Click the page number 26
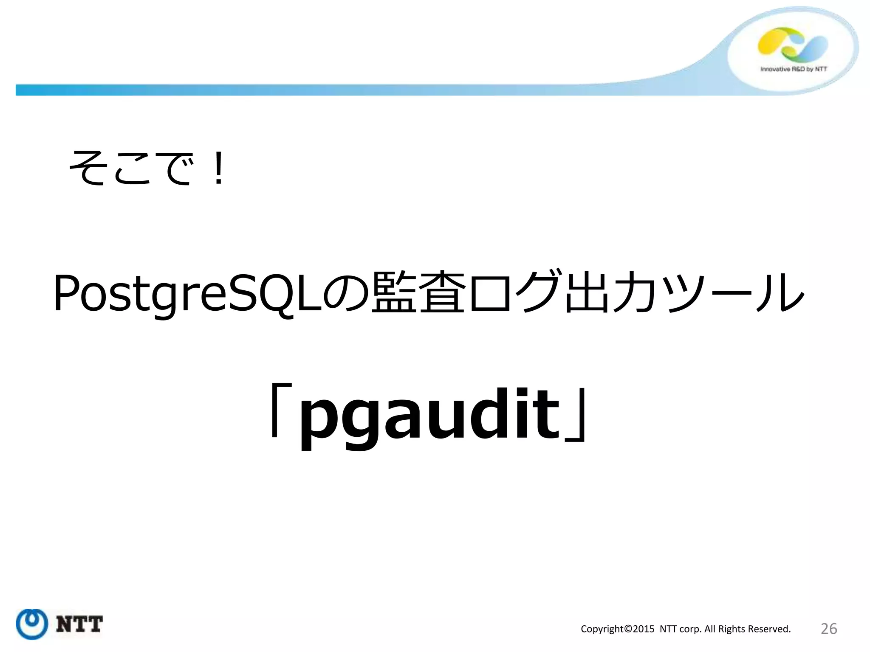829,629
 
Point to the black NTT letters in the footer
79,624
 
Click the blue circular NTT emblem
31,624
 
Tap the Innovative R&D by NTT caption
794,69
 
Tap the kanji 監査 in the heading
418,293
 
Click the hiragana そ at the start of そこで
87,168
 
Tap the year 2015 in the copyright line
644,629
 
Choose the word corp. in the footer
690,629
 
